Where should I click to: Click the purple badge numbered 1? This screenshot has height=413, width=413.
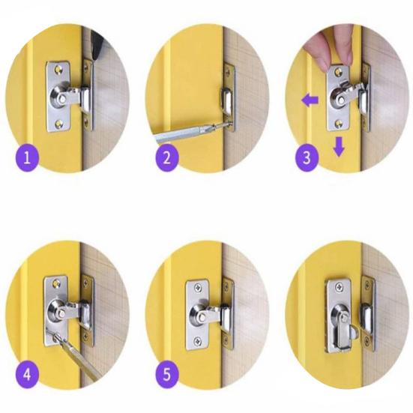(x=28, y=158)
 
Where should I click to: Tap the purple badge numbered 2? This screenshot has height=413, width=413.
(x=166, y=158)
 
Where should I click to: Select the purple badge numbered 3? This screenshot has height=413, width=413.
(x=305, y=158)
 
